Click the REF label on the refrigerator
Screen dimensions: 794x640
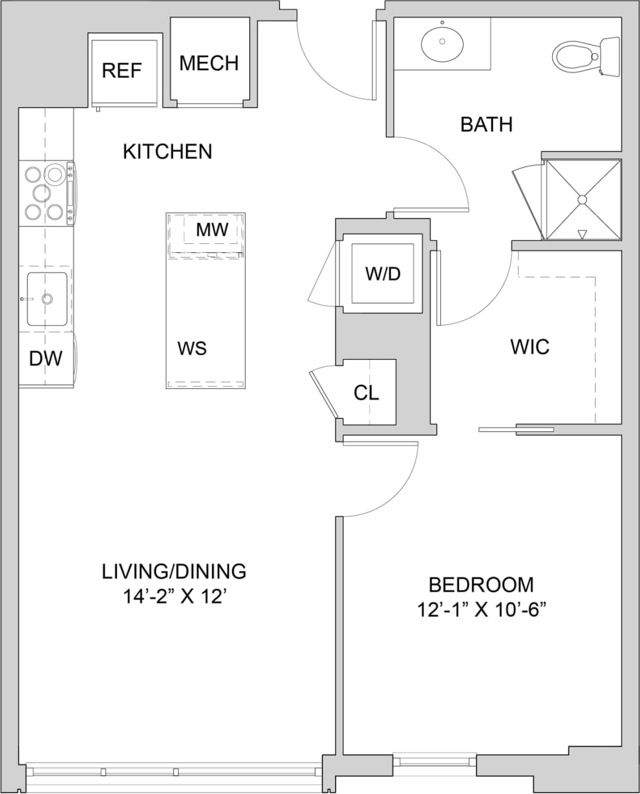click(122, 70)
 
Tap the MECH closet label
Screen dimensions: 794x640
click(209, 63)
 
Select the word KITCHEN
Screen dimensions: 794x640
click(167, 152)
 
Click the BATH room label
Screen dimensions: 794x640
click(486, 124)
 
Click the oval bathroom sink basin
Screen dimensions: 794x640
click(442, 43)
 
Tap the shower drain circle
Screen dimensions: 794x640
click(582, 199)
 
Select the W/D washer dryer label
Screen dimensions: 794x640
click(382, 274)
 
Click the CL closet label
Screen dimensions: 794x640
click(366, 393)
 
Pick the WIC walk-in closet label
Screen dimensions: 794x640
click(529, 347)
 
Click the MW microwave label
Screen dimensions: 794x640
click(212, 230)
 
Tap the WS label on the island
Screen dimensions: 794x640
click(192, 349)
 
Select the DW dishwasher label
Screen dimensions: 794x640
click(46, 358)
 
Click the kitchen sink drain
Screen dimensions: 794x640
click(47, 299)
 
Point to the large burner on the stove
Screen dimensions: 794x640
click(55, 174)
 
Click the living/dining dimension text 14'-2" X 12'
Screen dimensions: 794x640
click(174, 596)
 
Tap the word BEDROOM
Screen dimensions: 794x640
click(481, 585)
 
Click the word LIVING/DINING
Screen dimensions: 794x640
click(174, 571)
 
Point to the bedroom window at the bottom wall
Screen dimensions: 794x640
click(434, 760)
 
